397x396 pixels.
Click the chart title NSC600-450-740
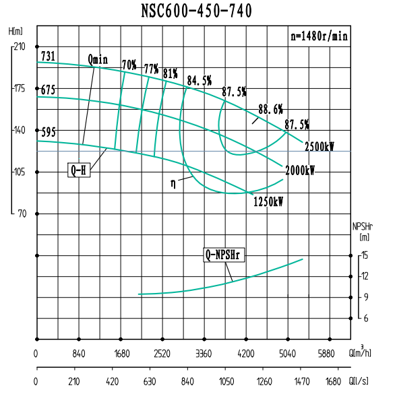point(197,11)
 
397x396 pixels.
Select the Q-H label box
point(78,170)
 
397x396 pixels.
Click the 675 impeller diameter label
point(48,90)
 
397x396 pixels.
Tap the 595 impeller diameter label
point(48,132)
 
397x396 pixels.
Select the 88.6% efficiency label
point(270,108)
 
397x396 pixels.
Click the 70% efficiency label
point(129,65)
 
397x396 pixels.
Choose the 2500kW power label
point(319,146)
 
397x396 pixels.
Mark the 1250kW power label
point(268,201)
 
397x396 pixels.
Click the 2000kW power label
point(300,170)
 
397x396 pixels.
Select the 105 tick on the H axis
point(18,172)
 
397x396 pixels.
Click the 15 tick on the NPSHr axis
point(365,255)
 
